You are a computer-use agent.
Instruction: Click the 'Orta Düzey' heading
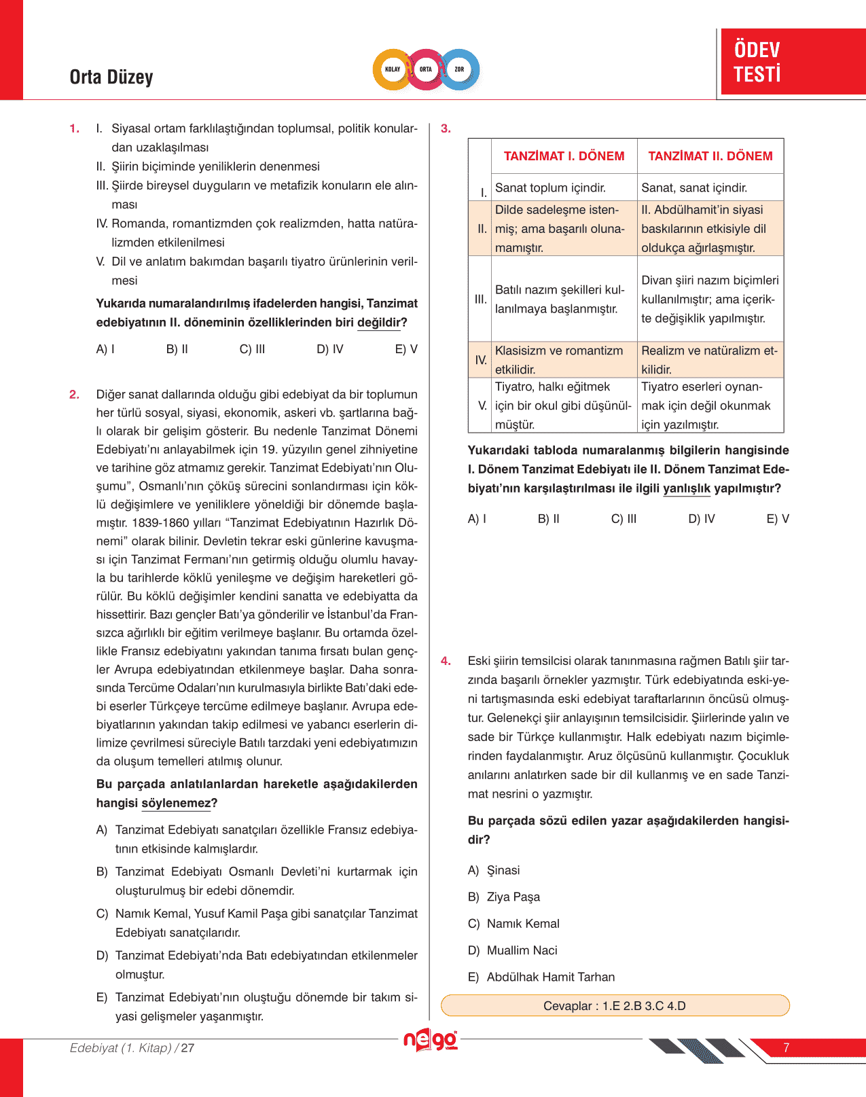tap(111, 77)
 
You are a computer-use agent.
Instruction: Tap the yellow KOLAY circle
tap(393, 69)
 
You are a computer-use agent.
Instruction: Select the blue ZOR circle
tap(460, 69)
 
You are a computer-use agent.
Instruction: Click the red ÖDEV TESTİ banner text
tap(757, 62)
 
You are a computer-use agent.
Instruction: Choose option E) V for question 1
tap(406, 349)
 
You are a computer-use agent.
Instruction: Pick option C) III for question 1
tap(252, 349)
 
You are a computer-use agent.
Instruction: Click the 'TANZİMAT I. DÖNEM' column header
tap(564, 156)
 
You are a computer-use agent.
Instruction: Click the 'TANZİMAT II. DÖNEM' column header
tap(710, 156)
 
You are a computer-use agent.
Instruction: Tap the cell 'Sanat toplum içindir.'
tap(550, 188)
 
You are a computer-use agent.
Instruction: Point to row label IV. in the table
tap(481, 360)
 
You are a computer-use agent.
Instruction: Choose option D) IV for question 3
tap(702, 519)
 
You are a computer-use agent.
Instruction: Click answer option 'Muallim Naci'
tap(522, 950)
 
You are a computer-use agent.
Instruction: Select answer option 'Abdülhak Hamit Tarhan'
tap(550, 977)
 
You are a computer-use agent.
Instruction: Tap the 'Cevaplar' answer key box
tap(615, 1005)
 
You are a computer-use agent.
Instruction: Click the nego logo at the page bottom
tap(430, 1041)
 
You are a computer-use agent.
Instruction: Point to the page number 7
tap(787, 1047)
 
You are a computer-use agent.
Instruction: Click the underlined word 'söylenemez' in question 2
tap(177, 803)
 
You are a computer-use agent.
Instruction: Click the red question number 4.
tap(446, 661)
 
